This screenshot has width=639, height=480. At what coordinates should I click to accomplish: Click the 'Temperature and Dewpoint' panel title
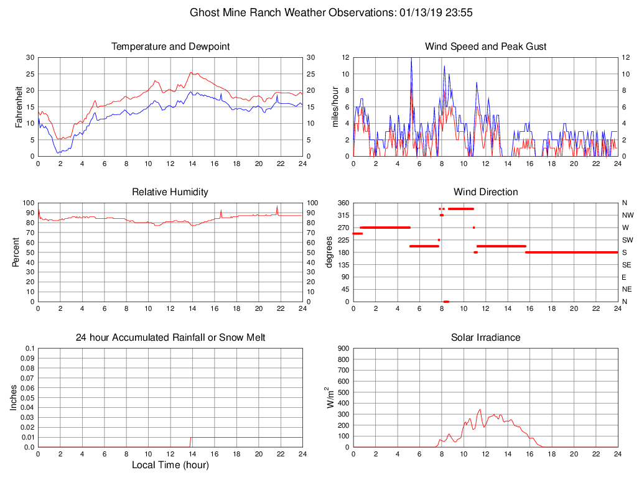coord(170,47)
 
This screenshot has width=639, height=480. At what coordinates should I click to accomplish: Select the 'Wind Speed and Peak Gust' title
coord(485,47)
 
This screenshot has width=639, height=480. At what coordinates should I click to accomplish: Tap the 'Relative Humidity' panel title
coord(170,192)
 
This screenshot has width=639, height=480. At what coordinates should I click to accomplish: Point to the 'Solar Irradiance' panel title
coord(485,338)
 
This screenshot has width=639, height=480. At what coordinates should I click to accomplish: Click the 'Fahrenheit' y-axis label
coord(19,107)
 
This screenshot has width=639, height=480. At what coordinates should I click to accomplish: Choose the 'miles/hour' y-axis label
coord(335,107)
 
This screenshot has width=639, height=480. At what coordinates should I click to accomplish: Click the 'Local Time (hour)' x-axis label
coord(170,464)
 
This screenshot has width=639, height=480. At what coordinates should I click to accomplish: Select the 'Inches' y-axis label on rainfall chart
coord(14,398)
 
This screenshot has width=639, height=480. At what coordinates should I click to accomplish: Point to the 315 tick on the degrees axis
coord(343,215)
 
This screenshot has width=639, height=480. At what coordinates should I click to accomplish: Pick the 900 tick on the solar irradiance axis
coord(342,349)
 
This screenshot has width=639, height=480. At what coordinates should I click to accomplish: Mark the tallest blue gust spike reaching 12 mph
coord(411,58)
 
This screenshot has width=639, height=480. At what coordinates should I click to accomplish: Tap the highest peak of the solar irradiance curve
coord(480,410)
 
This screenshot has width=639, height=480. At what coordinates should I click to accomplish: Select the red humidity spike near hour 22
coord(278,207)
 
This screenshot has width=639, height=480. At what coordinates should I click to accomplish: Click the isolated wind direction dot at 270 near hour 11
coord(473,228)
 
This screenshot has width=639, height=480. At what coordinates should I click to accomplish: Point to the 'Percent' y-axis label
coord(16,252)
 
